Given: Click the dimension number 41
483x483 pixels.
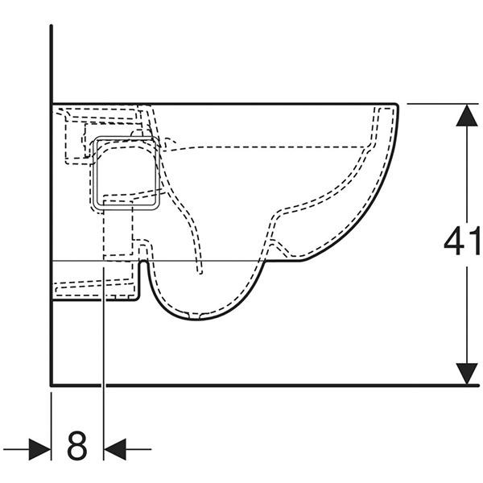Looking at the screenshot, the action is [x=462, y=240].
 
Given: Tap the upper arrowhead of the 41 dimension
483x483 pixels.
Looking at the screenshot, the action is [x=467, y=115].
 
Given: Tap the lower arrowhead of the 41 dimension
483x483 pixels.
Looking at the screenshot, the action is [x=467, y=374].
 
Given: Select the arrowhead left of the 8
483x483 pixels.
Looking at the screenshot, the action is [x=40, y=449].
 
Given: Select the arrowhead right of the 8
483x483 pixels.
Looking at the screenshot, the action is [x=115, y=449].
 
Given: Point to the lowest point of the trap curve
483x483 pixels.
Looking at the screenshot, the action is [x=194, y=320].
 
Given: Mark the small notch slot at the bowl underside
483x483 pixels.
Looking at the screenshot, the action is [x=143, y=264].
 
